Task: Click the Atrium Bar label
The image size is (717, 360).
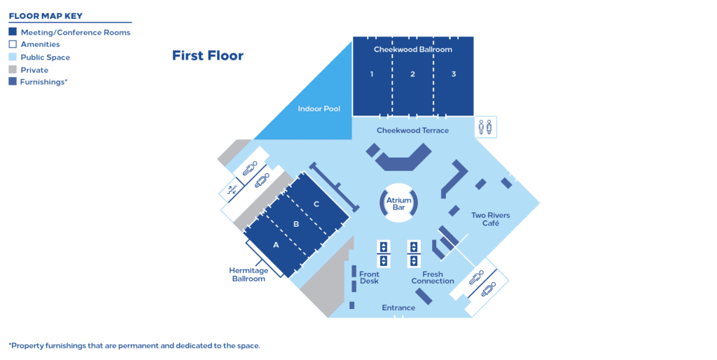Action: [399, 204]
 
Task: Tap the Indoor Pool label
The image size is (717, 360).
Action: [319, 109]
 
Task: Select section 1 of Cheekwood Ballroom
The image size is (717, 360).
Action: [372, 74]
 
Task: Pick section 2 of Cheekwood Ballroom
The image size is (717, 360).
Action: [412, 74]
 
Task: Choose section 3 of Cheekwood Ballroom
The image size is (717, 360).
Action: [454, 74]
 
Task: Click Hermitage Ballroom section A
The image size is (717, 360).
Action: [276, 245]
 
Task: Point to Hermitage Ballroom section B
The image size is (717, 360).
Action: [296, 224]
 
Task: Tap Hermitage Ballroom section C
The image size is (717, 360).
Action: [316, 204]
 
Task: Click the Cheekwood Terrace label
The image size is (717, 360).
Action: [412, 130]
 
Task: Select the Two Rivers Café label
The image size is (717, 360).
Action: [490, 219]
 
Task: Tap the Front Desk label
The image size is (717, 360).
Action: [369, 277]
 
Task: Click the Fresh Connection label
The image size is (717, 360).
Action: [433, 277]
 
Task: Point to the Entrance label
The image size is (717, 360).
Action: [398, 307]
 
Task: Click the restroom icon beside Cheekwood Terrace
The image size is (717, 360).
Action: [485, 127]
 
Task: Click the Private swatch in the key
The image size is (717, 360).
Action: [13, 70]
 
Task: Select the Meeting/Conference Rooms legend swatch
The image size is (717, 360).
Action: [13, 32]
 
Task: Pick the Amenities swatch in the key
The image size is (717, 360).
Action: [13, 45]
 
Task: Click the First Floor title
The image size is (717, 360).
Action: [208, 55]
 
